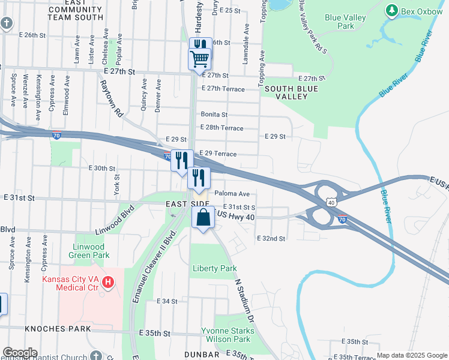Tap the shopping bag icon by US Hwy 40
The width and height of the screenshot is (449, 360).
203,218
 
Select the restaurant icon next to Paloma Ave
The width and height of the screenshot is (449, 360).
199,178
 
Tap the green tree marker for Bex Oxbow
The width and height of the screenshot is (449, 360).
392,10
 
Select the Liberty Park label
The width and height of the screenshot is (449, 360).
214,268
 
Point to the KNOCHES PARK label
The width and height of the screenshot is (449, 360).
58,329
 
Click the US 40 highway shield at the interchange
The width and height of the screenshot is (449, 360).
331,202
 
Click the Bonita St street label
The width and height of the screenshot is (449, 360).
214,114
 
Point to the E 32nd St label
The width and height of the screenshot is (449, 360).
271,238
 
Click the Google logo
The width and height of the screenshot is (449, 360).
19,353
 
